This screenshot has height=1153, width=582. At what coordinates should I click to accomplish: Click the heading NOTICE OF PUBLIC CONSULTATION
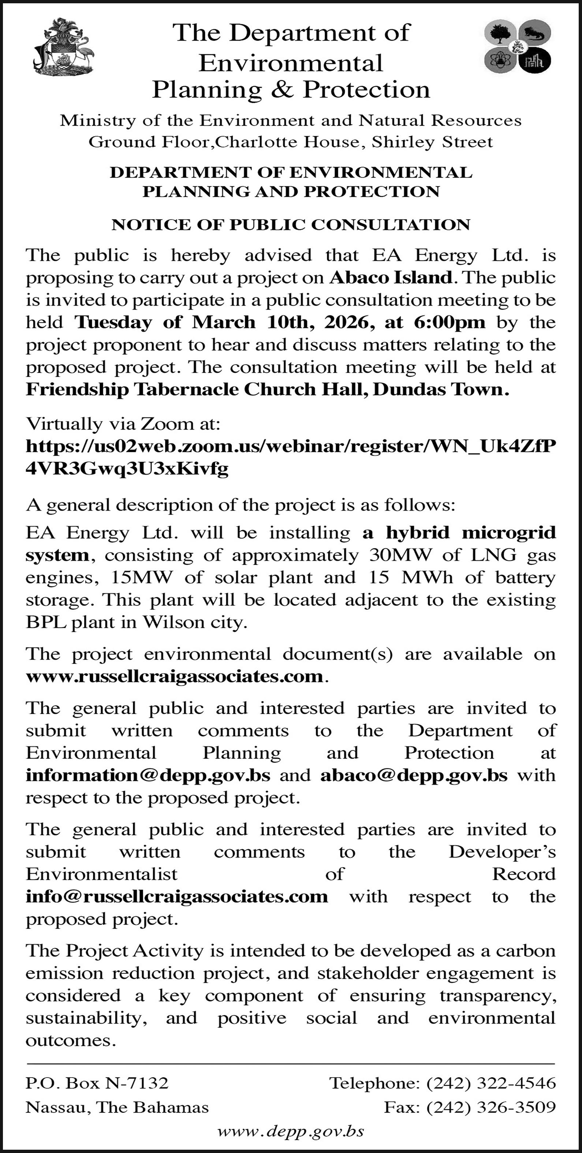pyautogui.click(x=291, y=224)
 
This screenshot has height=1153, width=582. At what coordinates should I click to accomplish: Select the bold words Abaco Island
pyautogui.click(x=391, y=278)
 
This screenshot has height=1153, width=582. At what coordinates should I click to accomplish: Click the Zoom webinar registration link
pyautogui.click(x=291, y=456)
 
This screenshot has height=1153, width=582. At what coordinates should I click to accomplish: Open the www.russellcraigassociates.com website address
pyautogui.click(x=175, y=676)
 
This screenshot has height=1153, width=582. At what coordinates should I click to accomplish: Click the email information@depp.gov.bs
pyautogui.click(x=148, y=775)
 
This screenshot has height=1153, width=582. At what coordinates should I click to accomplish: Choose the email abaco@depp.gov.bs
pyautogui.click(x=414, y=775)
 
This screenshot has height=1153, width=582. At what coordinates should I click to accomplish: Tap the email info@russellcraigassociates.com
pyautogui.click(x=177, y=896)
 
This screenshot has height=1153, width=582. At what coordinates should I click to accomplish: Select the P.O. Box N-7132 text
pyautogui.click(x=97, y=1083)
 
